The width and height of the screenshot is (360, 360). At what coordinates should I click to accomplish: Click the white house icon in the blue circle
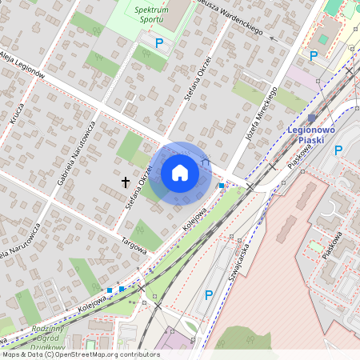pyautogui.click(x=180, y=173)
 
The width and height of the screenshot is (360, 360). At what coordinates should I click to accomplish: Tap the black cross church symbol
pyautogui.click(x=125, y=182)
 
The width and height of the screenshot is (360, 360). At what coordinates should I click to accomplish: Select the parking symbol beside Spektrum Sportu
pyautogui.click(x=159, y=42)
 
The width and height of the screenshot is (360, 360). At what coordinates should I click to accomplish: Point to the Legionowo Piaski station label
pyautogui.click(x=310, y=134)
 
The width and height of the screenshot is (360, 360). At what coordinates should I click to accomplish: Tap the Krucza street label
pyautogui.click(x=17, y=116)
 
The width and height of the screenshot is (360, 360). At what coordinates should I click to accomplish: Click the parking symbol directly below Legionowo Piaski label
pyautogui.click(x=338, y=150)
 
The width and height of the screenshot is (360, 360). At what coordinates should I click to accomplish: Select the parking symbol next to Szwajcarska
pyautogui.click(x=209, y=295)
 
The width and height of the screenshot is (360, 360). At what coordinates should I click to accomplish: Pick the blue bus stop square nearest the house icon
pyautogui.click(x=222, y=186)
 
